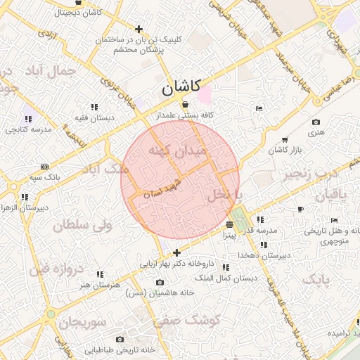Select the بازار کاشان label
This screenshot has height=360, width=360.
285,151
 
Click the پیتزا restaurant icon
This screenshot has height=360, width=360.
230,225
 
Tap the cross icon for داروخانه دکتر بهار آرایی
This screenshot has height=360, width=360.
176,252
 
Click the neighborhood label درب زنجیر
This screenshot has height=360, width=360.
309,174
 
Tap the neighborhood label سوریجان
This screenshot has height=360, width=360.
82,323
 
